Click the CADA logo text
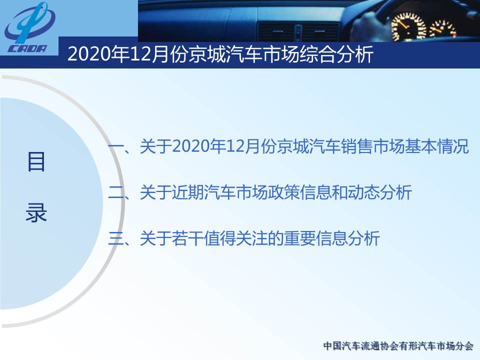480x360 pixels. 27,48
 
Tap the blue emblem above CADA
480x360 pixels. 29,23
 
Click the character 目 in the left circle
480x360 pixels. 36,161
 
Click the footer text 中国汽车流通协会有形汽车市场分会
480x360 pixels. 398,346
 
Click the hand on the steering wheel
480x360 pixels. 367,26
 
